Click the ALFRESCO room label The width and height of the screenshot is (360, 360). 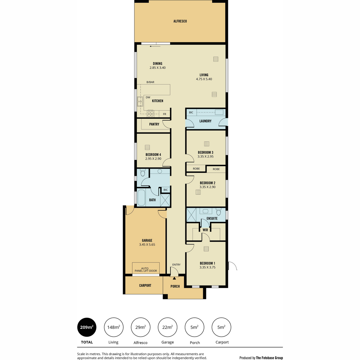click(x=180, y=21)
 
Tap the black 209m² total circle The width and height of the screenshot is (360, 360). click(x=87, y=327)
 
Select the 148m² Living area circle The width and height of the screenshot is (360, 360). click(x=114, y=327)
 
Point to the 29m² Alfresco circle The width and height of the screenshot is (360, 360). click(x=140, y=327)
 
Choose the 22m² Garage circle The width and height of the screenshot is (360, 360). click(x=167, y=327)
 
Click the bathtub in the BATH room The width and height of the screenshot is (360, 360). click(x=141, y=198)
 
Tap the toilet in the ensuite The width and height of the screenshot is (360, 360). click(x=218, y=211)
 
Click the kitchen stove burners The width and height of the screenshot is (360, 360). click(x=150, y=114)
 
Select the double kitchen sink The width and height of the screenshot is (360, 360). click(x=140, y=101)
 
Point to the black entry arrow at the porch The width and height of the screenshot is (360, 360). click(x=174, y=278)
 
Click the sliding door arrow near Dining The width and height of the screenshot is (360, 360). click(x=155, y=46)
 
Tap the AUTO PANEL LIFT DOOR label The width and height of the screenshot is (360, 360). click(x=146, y=270)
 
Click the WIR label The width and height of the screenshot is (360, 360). click(x=205, y=230)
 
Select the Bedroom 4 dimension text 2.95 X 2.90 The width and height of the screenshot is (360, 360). click(x=153, y=159)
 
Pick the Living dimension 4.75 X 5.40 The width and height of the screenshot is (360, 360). click(x=204, y=79)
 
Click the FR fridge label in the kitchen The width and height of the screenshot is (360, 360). click(x=164, y=114)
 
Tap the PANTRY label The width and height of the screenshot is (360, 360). click(x=154, y=124)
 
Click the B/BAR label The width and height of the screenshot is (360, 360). click(x=150, y=82)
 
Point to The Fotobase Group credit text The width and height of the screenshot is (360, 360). click(x=269, y=358)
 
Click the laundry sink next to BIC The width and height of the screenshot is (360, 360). click(x=219, y=112)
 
